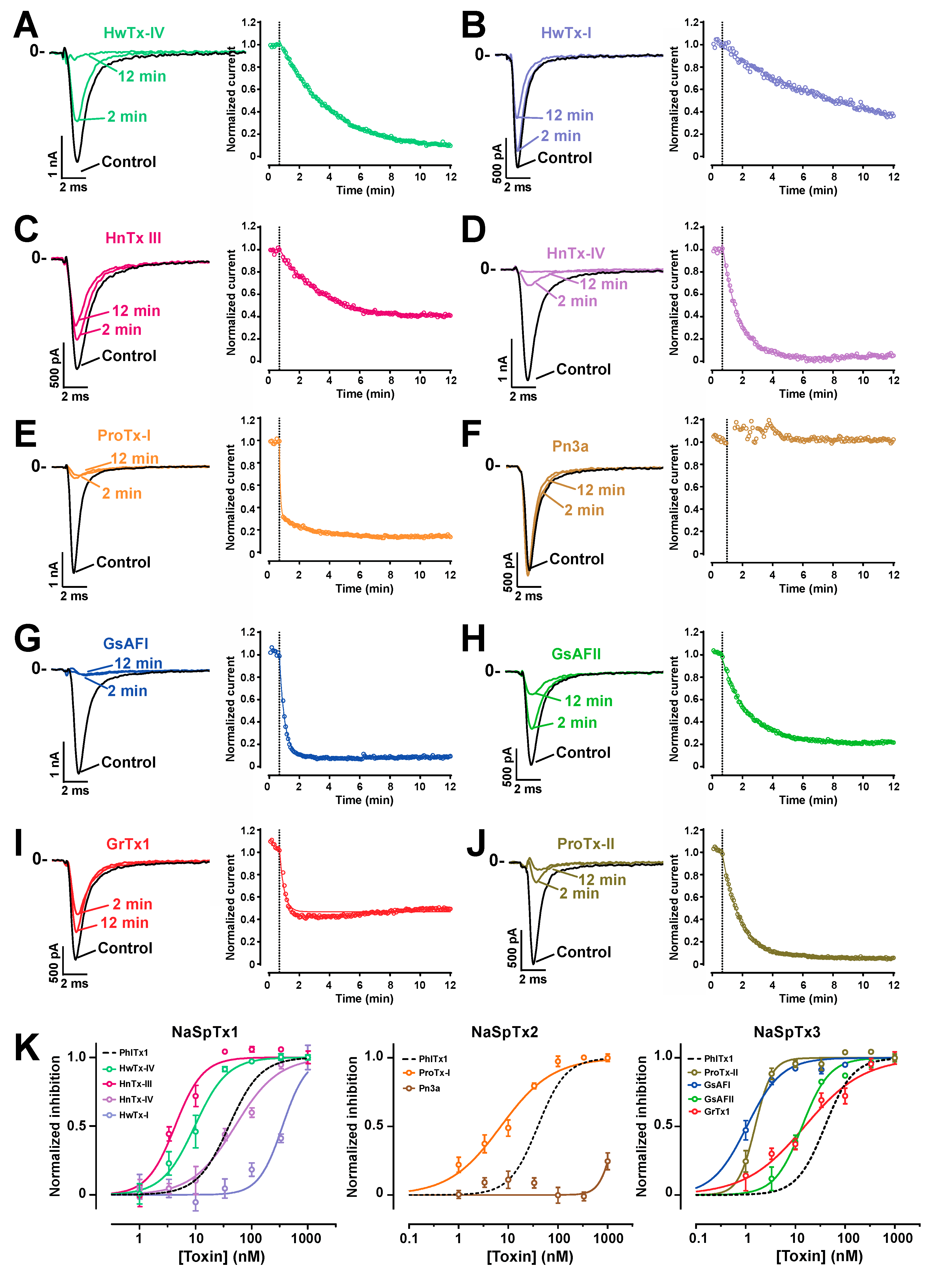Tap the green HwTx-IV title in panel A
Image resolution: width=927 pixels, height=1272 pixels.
click(x=134, y=33)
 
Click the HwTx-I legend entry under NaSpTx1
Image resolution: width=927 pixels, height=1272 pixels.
click(x=134, y=1115)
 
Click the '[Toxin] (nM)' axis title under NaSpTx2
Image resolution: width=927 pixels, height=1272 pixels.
click(x=530, y=1257)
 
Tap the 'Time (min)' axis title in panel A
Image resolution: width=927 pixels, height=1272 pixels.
click(x=365, y=190)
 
